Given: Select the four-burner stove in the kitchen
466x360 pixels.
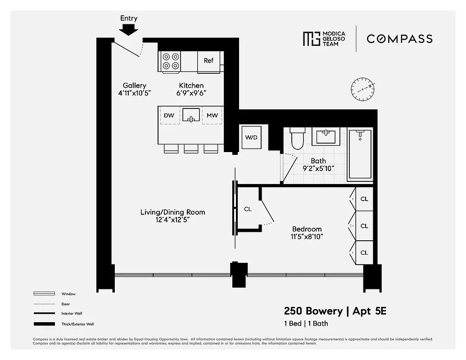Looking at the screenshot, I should tap(171, 62).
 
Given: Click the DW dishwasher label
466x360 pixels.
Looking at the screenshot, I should tap(169, 116).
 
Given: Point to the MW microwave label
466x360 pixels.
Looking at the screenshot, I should tap(212, 116).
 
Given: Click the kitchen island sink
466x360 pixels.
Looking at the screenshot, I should tap(191, 115).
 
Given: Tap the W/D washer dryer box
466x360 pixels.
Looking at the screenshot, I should tap(251, 137).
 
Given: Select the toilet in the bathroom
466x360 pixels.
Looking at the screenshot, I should tap(298, 139).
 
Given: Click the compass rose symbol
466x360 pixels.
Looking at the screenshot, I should tap(362, 89).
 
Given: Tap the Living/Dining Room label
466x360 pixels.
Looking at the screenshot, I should tap(172, 212).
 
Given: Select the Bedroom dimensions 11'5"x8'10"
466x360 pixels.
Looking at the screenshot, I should tap(307, 237).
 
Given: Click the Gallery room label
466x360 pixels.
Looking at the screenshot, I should tap(134, 85).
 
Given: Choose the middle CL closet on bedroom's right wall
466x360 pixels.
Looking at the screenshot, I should tap(364, 226).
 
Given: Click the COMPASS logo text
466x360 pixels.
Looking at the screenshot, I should tap(399, 39).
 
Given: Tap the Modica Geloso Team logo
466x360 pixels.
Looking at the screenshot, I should tap(324, 39).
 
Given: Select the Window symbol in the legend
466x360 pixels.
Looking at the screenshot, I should tap(44, 294).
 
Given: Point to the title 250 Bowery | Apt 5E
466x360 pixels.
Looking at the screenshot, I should tap(335, 311).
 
